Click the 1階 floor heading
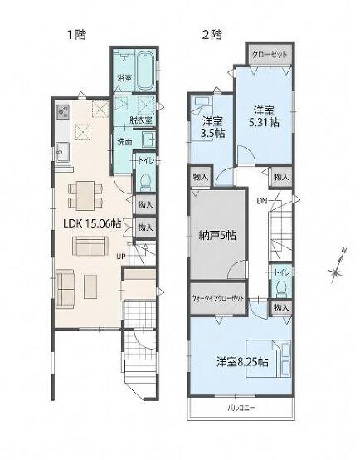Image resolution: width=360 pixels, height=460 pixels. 77,35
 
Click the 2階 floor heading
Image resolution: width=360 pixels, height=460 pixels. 212,35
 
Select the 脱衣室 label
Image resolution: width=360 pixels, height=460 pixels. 141,120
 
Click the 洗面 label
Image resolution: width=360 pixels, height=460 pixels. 124,142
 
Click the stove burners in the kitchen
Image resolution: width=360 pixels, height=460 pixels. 63,112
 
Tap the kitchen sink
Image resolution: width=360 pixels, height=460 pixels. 63,152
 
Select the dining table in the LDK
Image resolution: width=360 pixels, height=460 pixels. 85,195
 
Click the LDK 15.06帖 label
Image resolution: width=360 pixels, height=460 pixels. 92,224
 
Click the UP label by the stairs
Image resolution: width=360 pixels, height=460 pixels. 121,257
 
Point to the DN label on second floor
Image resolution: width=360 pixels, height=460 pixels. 262,201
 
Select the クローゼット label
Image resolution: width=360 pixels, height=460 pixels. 270,55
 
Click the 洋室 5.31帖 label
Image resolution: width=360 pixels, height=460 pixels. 264,116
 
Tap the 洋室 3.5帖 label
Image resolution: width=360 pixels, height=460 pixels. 212,127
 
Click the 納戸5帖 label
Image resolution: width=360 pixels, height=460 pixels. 217,235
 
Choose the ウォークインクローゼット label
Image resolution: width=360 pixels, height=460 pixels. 217,299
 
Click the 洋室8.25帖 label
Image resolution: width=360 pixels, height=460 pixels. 242,362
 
